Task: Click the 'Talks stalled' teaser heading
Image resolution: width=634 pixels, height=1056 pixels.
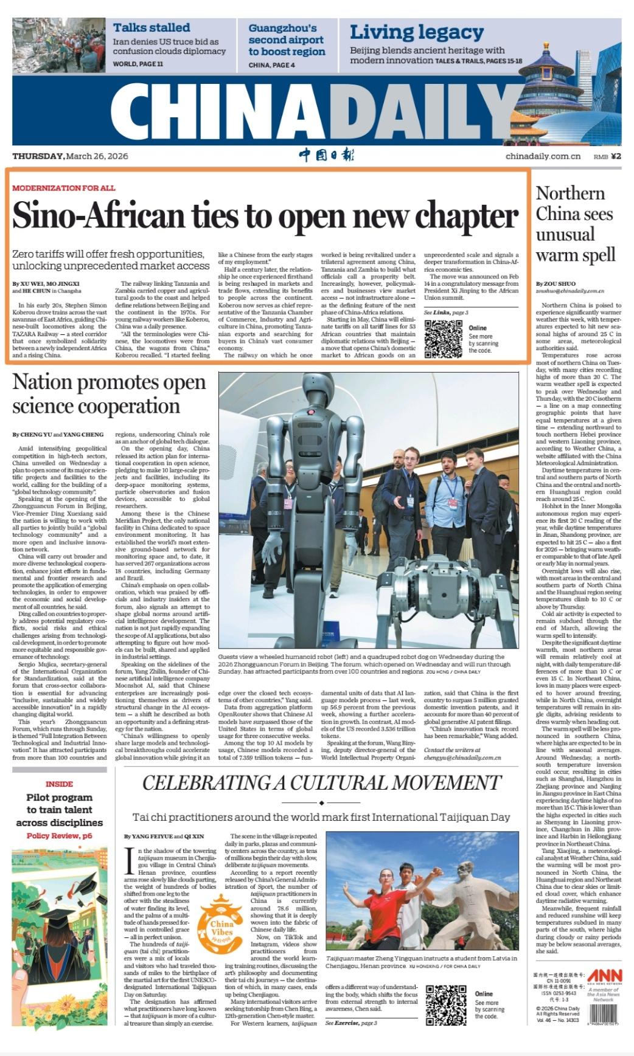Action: [152, 27]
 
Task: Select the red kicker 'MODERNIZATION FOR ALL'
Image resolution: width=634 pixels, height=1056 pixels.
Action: [63, 188]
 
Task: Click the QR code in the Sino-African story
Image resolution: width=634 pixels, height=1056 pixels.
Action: [443, 338]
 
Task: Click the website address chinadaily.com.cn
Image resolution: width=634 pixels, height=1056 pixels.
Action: [543, 157]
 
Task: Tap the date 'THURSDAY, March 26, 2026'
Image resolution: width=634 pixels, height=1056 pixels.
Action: [70, 156]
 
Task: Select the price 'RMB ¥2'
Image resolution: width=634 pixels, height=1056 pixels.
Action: [608, 157]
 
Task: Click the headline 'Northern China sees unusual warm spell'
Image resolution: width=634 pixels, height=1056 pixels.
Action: [575, 224]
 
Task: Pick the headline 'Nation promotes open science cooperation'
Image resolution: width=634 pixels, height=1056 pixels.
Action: [110, 394]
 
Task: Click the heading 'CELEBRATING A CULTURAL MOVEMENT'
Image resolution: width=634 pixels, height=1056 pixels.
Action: [322, 782]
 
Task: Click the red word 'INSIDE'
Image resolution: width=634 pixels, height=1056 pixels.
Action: [59, 784]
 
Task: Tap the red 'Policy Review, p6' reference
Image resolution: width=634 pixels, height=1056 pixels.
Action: [60, 836]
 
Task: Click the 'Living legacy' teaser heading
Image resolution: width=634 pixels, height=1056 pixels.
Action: [417, 32]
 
